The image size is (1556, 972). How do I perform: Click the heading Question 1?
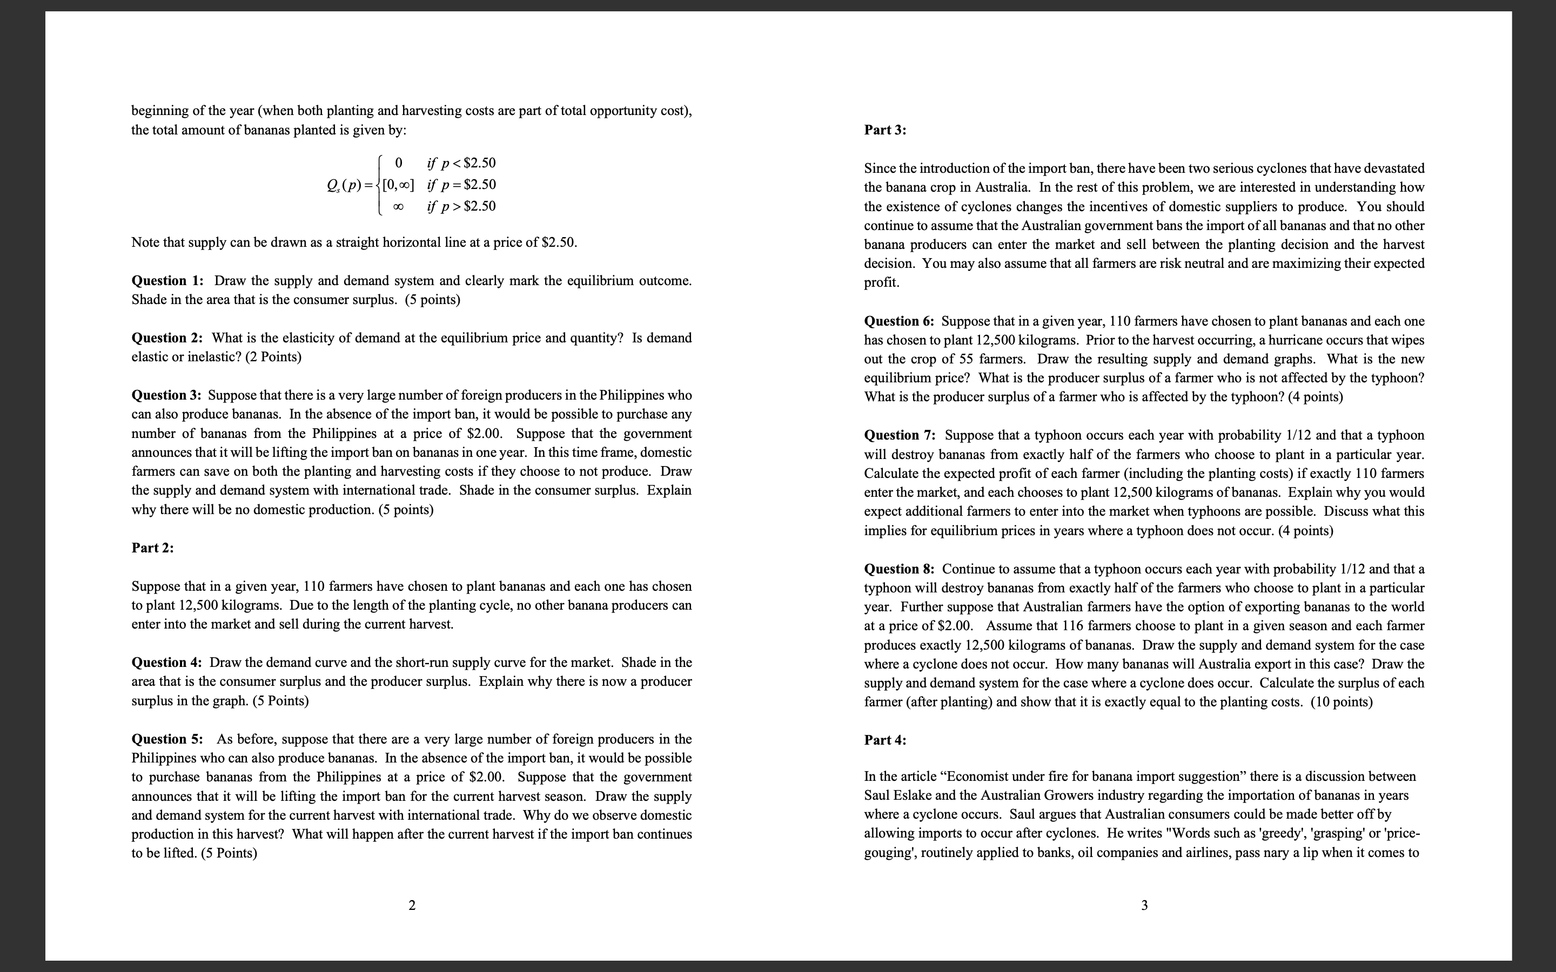(x=167, y=281)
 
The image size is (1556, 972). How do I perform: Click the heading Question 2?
(x=167, y=338)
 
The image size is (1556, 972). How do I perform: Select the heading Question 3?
(x=167, y=395)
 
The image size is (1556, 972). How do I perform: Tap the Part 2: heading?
(x=152, y=548)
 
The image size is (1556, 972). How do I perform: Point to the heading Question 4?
(x=167, y=663)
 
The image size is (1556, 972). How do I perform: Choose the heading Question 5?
(x=167, y=739)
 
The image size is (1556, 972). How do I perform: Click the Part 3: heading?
(x=885, y=130)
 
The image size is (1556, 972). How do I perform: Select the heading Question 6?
(x=900, y=321)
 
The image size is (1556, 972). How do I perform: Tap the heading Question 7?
(x=900, y=436)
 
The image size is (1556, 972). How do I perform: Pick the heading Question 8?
(x=900, y=570)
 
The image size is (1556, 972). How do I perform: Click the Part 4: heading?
(x=885, y=740)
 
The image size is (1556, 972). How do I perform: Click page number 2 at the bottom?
(x=412, y=906)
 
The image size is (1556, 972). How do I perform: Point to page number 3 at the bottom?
(x=1144, y=906)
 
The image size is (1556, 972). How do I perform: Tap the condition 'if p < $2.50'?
(x=461, y=163)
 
